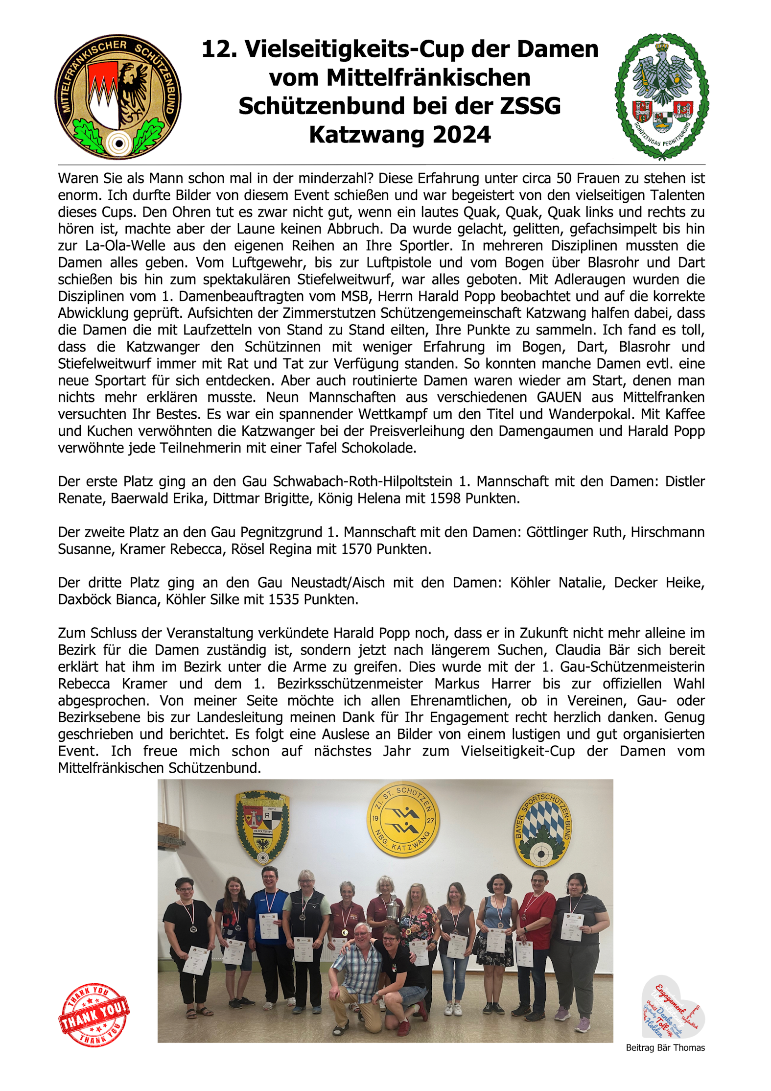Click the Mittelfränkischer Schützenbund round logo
[x=117, y=96]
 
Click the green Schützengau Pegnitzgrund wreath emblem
[x=662, y=96]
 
